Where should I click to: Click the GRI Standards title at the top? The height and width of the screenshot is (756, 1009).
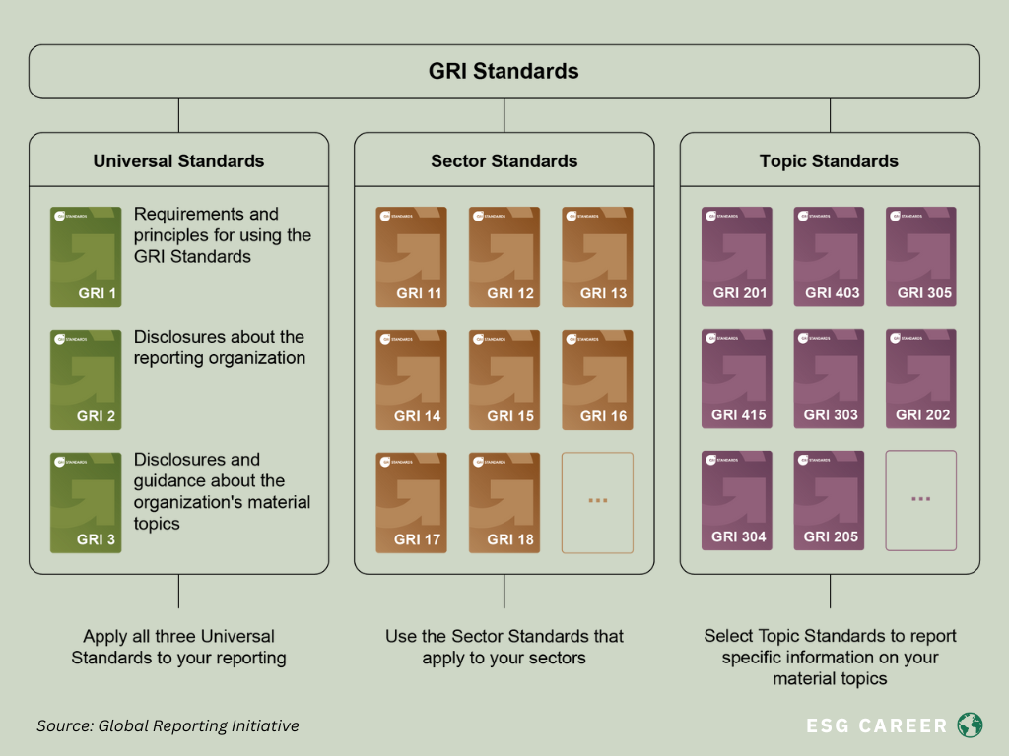(x=504, y=71)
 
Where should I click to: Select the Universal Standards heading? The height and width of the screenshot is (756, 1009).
(x=178, y=160)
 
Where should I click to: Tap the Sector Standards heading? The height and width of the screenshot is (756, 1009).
(x=504, y=160)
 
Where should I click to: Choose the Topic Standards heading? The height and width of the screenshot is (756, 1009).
(x=829, y=160)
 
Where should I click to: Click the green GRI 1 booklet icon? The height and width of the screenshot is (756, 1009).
(x=86, y=257)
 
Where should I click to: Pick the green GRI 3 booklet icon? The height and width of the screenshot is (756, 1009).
(x=86, y=502)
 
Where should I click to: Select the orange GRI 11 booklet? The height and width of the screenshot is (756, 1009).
(x=411, y=257)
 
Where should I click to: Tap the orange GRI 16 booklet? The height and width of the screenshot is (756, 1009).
(x=596, y=380)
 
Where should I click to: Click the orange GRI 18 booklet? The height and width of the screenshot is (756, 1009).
(x=504, y=502)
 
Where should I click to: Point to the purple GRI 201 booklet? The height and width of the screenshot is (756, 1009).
(x=736, y=257)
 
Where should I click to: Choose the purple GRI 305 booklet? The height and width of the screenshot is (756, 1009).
(x=921, y=257)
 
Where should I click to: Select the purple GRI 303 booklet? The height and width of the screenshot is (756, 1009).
(x=829, y=379)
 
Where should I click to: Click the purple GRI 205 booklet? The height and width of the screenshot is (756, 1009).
(x=829, y=501)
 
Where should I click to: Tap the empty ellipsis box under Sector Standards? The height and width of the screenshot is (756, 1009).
(x=597, y=502)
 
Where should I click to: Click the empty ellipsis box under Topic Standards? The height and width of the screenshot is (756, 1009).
(x=921, y=500)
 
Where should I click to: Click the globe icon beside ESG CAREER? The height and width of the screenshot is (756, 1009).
(x=970, y=725)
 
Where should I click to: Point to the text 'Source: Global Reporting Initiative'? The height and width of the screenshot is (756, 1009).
(x=168, y=726)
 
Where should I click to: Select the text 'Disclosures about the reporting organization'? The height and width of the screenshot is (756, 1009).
(x=220, y=347)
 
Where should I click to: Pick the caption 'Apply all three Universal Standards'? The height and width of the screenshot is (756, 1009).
(x=178, y=647)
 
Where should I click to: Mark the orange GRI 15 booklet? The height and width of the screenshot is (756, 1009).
(x=504, y=380)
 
